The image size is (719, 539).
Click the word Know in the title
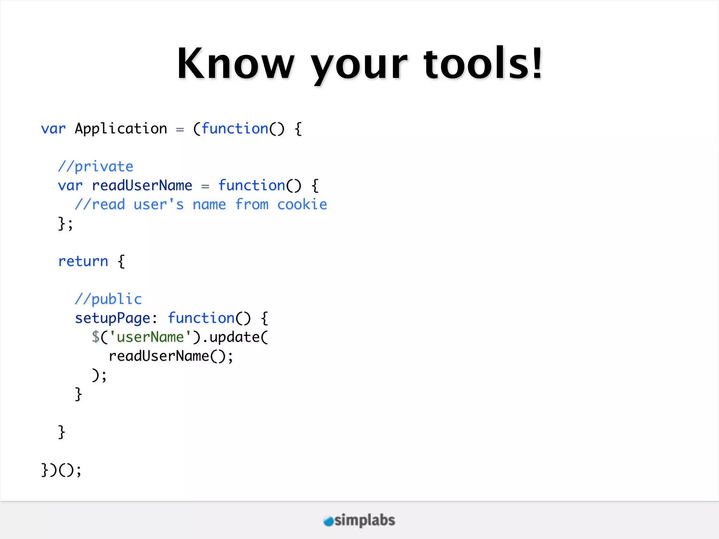pyautogui.click(x=235, y=64)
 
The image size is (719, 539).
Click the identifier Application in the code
pyautogui.click(x=121, y=129)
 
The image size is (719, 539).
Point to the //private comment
pyautogui.click(x=95, y=167)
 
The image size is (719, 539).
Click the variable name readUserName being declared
pyautogui.click(x=142, y=186)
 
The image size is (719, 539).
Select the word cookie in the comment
pyautogui.click(x=302, y=205)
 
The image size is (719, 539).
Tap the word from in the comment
pyautogui.click(x=251, y=205)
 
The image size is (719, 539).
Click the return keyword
pyautogui.click(x=83, y=261)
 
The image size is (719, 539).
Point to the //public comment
pyautogui.click(x=108, y=299)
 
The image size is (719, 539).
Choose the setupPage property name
pyautogui.click(x=112, y=318)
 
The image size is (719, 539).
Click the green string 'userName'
pyautogui.click(x=150, y=337)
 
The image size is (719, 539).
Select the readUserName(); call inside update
pyautogui.click(x=171, y=356)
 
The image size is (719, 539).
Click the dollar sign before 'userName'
pyautogui.click(x=95, y=337)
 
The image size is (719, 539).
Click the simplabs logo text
pyautogui.click(x=364, y=520)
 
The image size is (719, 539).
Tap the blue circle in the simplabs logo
pyautogui.click(x=328, y=521)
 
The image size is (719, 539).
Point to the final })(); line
pyautogui.click(x=61, y=470)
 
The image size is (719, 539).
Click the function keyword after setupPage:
pyautogui.click(x=201, y=318)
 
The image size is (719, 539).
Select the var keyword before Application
pyautogui.click(x=53, y=129)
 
